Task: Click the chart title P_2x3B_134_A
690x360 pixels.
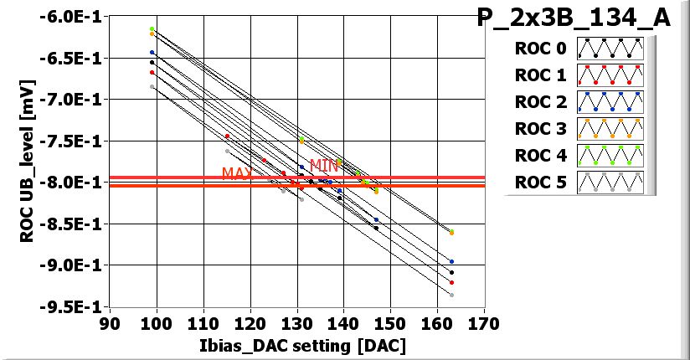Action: click(574, 18)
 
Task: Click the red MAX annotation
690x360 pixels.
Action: click(236, 173)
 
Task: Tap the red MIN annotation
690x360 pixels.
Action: click(324, 165)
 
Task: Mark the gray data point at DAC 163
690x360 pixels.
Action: click(451, 295)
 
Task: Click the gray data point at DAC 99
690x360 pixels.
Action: click(152, 86)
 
